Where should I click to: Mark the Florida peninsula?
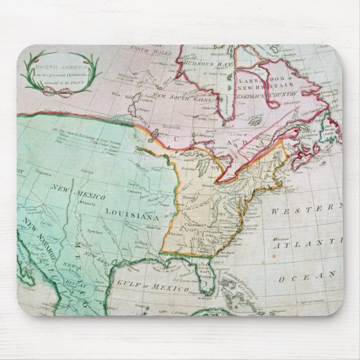206,278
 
